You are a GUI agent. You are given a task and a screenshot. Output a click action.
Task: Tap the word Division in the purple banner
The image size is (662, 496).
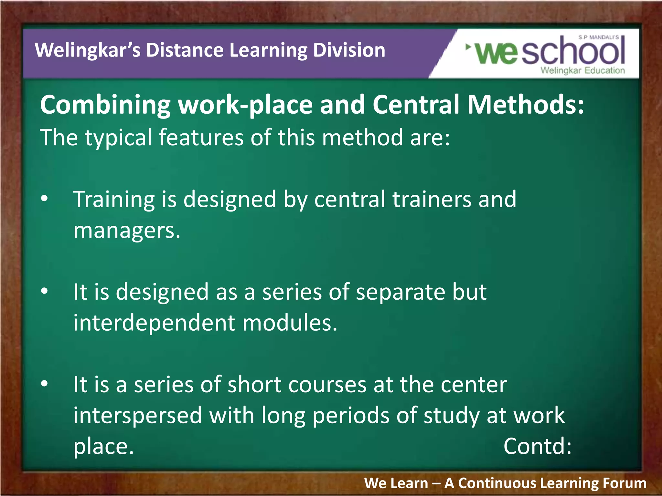coord(349,50)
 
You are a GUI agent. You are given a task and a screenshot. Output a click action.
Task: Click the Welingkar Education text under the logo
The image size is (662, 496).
coord(582,70)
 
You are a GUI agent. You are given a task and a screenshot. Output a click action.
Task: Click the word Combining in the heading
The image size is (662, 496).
coord(105,105)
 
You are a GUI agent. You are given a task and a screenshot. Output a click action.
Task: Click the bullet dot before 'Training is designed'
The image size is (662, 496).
coord(45,199)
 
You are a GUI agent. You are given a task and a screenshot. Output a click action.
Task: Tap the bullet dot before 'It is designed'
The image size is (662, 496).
coord(45,291)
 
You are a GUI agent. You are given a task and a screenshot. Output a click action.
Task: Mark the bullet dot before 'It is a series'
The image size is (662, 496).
coord(45,384)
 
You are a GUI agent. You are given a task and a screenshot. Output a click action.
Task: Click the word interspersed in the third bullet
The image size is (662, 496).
coord(137,415)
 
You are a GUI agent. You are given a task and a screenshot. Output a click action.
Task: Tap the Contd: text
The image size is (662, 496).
coord(537,446)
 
